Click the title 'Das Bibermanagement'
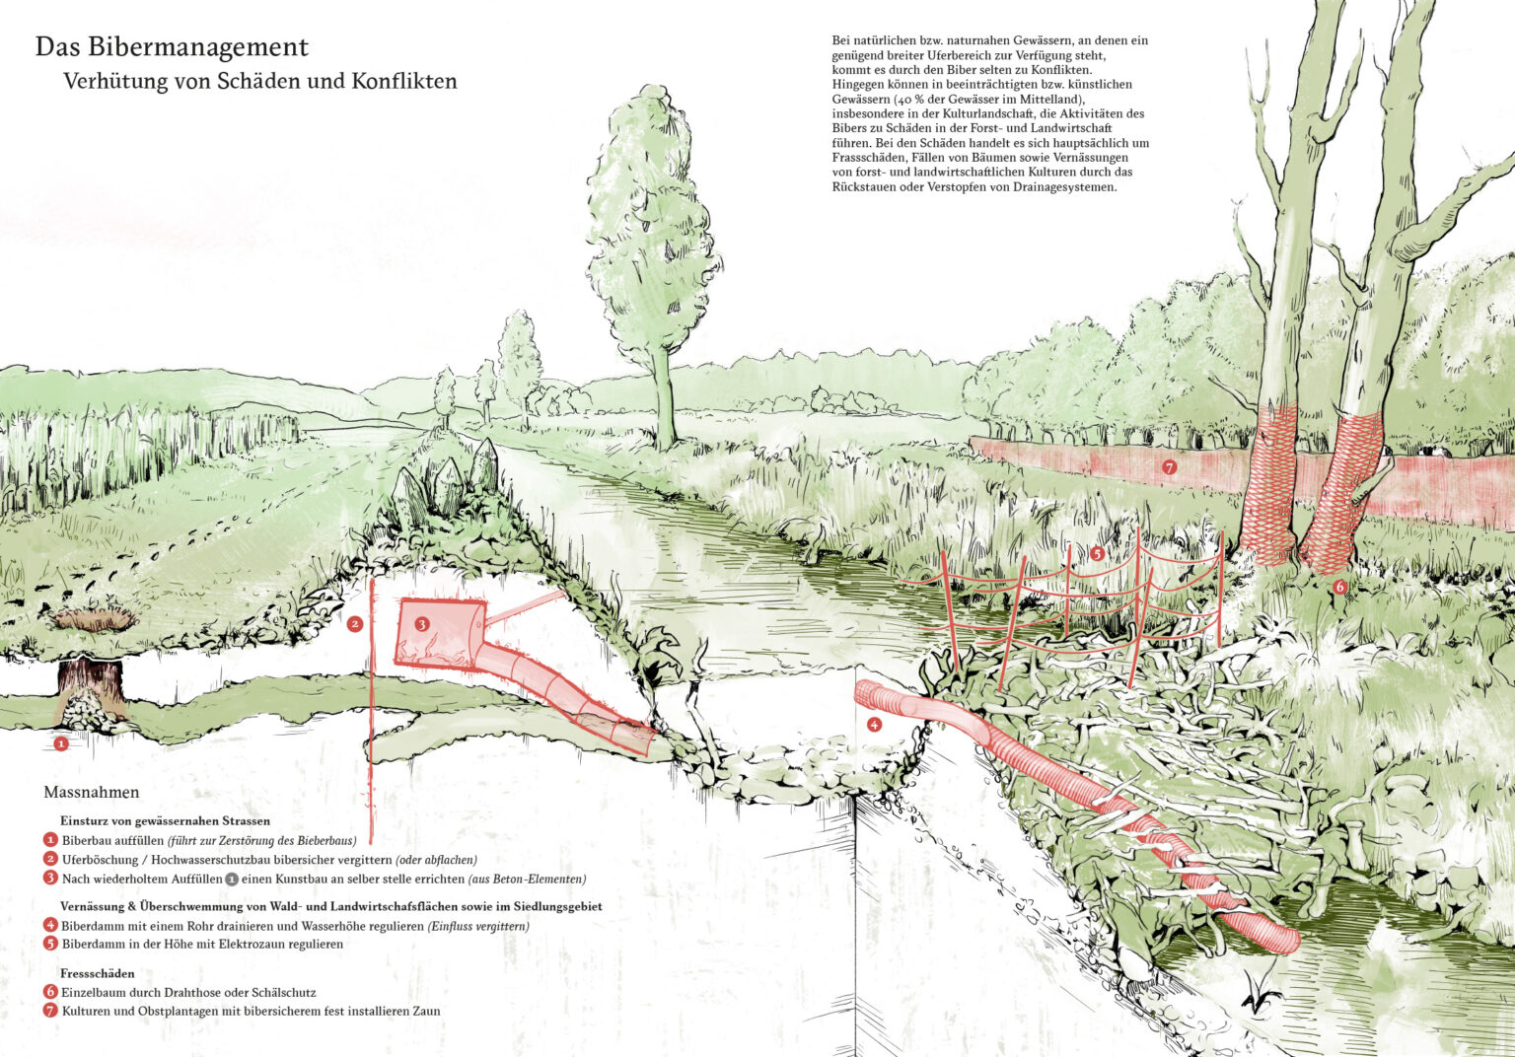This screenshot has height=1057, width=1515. [172, 47]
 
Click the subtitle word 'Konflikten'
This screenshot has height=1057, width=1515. [404, 81]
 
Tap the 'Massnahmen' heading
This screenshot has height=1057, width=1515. [92, 793]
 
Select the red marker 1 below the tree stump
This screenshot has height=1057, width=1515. [61, 743]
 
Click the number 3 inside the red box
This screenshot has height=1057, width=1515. [421, 623]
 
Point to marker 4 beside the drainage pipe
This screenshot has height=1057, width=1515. [873, 725]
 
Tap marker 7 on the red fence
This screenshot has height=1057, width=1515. [1170, 467]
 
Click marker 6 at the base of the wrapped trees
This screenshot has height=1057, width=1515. [1339, 587]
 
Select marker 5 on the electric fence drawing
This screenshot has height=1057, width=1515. [1097, 553]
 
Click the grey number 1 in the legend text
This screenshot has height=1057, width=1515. [231, 879]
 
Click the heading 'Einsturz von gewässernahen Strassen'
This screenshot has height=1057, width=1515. [165, 820]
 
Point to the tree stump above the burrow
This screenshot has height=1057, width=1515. [91, 677]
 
